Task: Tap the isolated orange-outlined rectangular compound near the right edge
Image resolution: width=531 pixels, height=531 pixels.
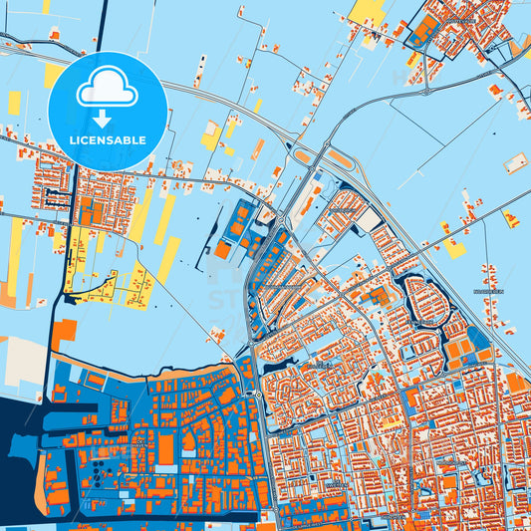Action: coord(515,162)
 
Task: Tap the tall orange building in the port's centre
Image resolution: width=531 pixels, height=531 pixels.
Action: coord(165,449)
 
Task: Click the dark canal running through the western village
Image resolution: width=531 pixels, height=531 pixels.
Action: coord(73,199)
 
